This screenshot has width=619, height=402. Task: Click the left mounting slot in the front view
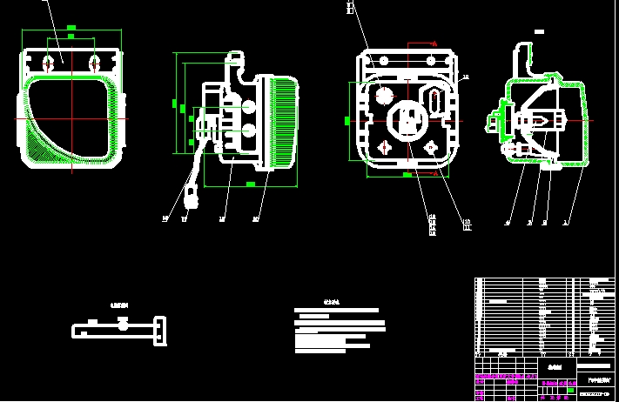tap(49, 63)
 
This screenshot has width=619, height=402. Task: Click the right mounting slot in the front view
tap(94, 63)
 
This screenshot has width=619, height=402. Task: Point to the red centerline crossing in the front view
tap(71, 118)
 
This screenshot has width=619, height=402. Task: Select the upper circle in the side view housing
tap(249, 107)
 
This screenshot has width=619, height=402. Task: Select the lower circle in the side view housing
tap(249, 131)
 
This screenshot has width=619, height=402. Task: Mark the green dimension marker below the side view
tap(251, 184)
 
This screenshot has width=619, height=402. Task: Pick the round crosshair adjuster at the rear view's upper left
tap(382, 97)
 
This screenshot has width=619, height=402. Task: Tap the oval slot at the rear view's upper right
tap(434, 98)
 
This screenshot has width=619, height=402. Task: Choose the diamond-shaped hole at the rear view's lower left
tap(384, 148)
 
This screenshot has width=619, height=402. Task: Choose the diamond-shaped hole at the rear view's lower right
tap(431, 149)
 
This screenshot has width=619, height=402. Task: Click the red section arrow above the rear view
tap(434, 43)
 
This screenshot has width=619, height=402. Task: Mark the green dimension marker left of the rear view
tap(347, 119)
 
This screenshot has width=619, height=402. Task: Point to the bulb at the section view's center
tap(540, 118)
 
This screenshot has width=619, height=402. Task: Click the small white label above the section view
tap(539, 31)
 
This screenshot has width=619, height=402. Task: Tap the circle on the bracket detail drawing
tap(123, 325)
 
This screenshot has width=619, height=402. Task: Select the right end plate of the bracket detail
tap(159, 331)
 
